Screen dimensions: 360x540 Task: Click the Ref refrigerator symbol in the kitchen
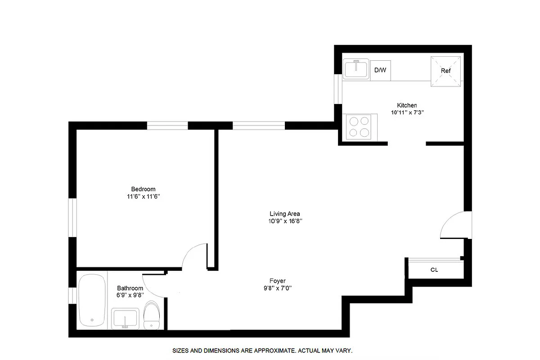click(x=446, y=71)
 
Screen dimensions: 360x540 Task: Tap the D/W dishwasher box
click(x=380, y=70)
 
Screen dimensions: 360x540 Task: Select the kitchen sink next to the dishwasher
click(x=356, y=69)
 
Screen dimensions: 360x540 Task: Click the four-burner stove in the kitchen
click(x=359, y=126)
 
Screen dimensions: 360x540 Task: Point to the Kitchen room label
click(x=406, y=105)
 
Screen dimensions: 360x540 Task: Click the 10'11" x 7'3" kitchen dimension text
click(x=408, y=112)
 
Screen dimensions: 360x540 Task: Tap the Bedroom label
click(x=143, y=189)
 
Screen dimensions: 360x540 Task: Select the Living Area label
click(x=284, y=214)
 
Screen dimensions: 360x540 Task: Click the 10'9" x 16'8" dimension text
click(x=285, y=221)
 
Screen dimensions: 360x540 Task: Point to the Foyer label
click(x=278, y=281)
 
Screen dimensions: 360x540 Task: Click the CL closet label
click(x=434, y=270)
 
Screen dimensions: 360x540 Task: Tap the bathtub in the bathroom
click(x=92, y=300)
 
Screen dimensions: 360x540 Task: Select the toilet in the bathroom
click(x=152, y=315)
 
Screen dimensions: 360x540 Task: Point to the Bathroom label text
click(x=130, y=288)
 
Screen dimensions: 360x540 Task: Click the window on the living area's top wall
click(x=259, y=126)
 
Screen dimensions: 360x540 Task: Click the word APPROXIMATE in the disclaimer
click(x=273, y=350)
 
